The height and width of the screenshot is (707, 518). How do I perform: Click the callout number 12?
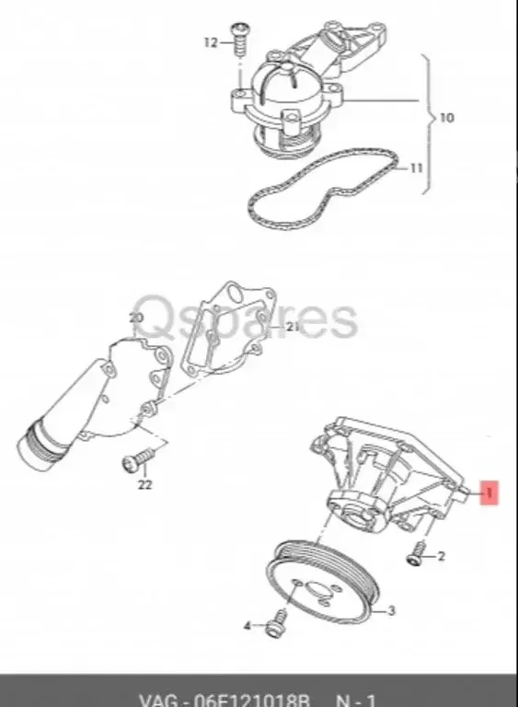point(209,42)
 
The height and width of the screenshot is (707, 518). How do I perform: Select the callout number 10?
point(447,118)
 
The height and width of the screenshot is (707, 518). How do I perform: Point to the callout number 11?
point(416,168)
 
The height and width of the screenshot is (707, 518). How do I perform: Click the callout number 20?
point(136,318)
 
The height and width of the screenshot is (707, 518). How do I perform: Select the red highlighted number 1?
point(489,494)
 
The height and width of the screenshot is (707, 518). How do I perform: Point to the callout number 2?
point(441,556)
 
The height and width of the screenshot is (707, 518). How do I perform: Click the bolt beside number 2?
point(417,554)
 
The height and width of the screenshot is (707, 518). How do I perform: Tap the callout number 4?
point(247,626)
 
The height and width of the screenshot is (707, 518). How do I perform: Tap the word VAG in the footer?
point(159,696)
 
